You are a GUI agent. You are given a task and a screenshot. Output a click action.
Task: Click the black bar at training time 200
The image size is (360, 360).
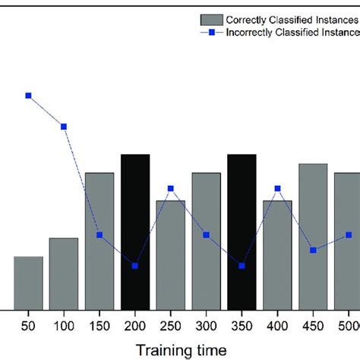[135, 232]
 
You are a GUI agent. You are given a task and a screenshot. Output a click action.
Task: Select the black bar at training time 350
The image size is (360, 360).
[242, 232]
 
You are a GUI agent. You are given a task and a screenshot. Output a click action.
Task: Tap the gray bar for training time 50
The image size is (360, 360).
[28, 283]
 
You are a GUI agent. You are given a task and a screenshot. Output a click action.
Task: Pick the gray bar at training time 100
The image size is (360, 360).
[64, 273]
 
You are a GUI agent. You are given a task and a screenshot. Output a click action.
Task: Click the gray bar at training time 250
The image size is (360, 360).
[171, 254]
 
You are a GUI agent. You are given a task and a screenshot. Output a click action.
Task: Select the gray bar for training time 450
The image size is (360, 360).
[313, 236]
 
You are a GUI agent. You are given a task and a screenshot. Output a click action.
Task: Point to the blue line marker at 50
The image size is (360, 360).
[28, 96]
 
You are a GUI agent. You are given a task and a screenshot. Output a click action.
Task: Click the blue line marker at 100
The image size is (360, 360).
[64, 127]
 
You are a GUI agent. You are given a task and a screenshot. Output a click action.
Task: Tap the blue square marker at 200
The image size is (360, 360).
[135, 266]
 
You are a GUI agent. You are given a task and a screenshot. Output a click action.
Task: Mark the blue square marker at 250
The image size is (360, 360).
[171, 188]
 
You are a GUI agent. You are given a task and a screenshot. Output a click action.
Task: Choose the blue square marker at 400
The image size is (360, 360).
[277, 188]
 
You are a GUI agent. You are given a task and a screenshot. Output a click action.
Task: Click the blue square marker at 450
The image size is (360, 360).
[313, 250]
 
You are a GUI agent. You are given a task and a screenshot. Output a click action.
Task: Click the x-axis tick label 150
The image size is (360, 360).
[99, 324]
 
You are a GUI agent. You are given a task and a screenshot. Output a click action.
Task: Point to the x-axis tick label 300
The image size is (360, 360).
[206, 324]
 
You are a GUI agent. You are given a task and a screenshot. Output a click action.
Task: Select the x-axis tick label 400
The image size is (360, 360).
[277, 324]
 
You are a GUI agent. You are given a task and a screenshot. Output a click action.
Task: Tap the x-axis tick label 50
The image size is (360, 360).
[28, 324]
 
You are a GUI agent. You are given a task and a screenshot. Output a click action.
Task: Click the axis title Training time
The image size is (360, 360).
[182, 349]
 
